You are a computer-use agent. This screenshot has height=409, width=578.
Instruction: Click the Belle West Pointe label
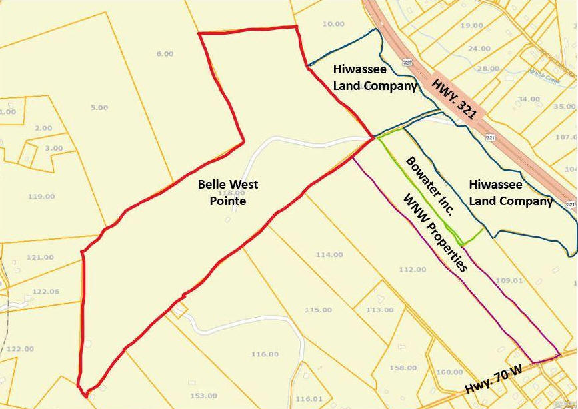point(228,192)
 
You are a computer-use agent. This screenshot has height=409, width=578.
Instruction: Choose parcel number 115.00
point(318,310)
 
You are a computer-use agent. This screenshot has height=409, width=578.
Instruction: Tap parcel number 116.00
point(265,354)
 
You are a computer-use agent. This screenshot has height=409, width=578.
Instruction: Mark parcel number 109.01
point(509,281)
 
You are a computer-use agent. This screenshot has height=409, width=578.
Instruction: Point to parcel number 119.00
point(41,197)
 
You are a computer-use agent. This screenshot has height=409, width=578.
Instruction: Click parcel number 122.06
point(45,292)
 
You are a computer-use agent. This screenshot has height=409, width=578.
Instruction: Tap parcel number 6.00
point(165,54)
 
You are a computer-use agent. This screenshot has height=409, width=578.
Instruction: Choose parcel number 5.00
point(99,107)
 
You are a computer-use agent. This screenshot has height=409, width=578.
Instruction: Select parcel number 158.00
point(403,368)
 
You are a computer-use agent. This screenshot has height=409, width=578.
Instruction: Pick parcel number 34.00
point(529,99)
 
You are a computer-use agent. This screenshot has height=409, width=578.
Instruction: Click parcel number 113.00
point(380,310)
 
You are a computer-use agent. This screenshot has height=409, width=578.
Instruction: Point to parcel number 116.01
point(309,399)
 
